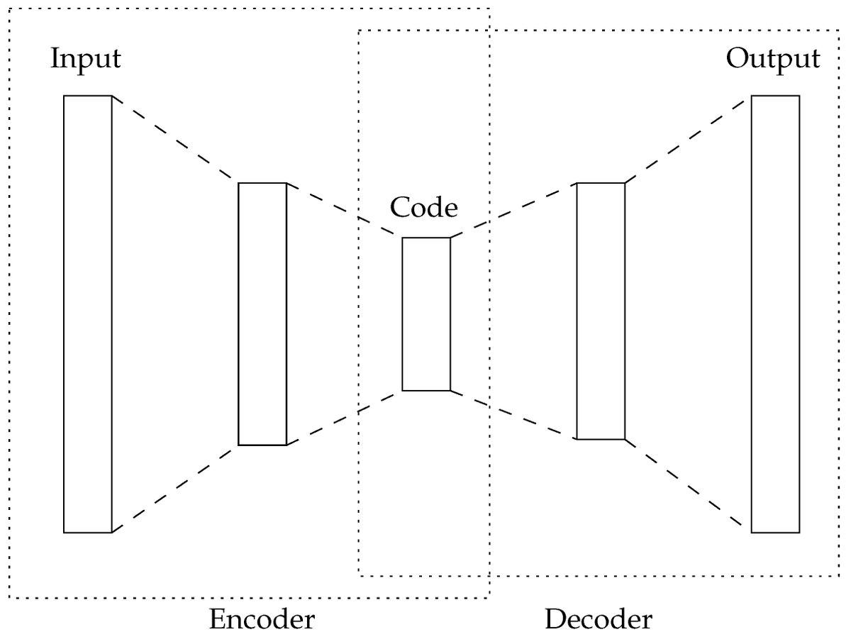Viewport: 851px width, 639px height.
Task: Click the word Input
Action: (85, 58)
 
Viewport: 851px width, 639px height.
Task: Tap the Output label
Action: (773, 58)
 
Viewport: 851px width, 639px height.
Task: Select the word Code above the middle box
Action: (424, 208)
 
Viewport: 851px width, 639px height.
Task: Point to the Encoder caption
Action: (262, 619)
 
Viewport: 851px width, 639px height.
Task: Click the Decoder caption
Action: (599, 619)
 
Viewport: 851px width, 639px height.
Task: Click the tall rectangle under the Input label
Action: (88, 313)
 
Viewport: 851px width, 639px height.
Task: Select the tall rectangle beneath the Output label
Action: (775, 313)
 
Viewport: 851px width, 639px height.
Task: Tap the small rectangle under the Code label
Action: (426, 314)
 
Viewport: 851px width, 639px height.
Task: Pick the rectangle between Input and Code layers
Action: (262, 314)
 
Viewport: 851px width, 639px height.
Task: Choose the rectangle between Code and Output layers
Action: (601, 311)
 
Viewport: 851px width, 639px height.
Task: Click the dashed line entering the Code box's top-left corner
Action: (344, 211)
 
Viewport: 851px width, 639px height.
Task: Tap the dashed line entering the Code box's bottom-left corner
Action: (344, 418)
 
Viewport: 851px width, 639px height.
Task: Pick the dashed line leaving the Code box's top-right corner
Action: (513, 210)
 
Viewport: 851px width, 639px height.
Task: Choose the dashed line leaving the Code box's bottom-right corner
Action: (513, 415)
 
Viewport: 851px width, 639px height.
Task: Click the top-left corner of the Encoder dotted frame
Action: (9, 9)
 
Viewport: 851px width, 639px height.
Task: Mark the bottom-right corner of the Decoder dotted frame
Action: (840, 575)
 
